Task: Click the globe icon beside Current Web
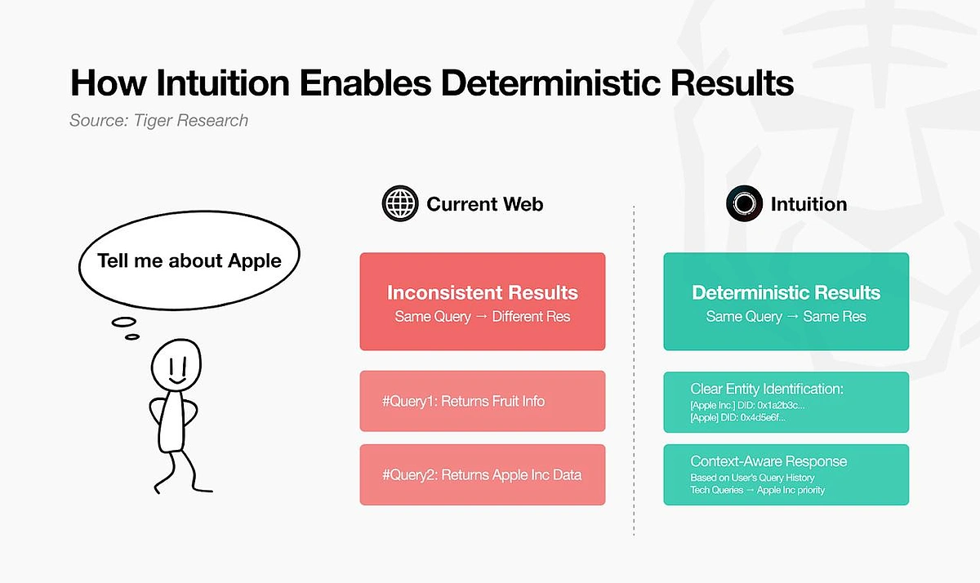coord(400,203)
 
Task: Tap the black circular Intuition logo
coord(744,203)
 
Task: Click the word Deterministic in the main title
coord(550,82)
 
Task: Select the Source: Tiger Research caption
coord(158,120)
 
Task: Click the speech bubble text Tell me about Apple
coord(189,260)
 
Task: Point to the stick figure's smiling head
coord(176,364)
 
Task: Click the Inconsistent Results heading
coord(483,292)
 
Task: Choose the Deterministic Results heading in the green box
coord(786,292)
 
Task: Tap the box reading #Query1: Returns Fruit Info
coord(483,401)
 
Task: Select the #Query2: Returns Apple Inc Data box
coord(483,474)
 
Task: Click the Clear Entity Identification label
coord(767,389)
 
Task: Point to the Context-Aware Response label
coord(768,461)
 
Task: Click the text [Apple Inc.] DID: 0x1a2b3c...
coord(747,406)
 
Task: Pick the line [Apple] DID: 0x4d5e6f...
coord(737,418)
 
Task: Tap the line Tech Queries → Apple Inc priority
coord(757,490)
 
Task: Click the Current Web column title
coord(485,204)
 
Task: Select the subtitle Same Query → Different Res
coord(483,316)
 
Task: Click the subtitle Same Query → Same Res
coord(786,316)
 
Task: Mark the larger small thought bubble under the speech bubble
coord(124,323)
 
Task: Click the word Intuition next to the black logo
coord(809,204)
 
